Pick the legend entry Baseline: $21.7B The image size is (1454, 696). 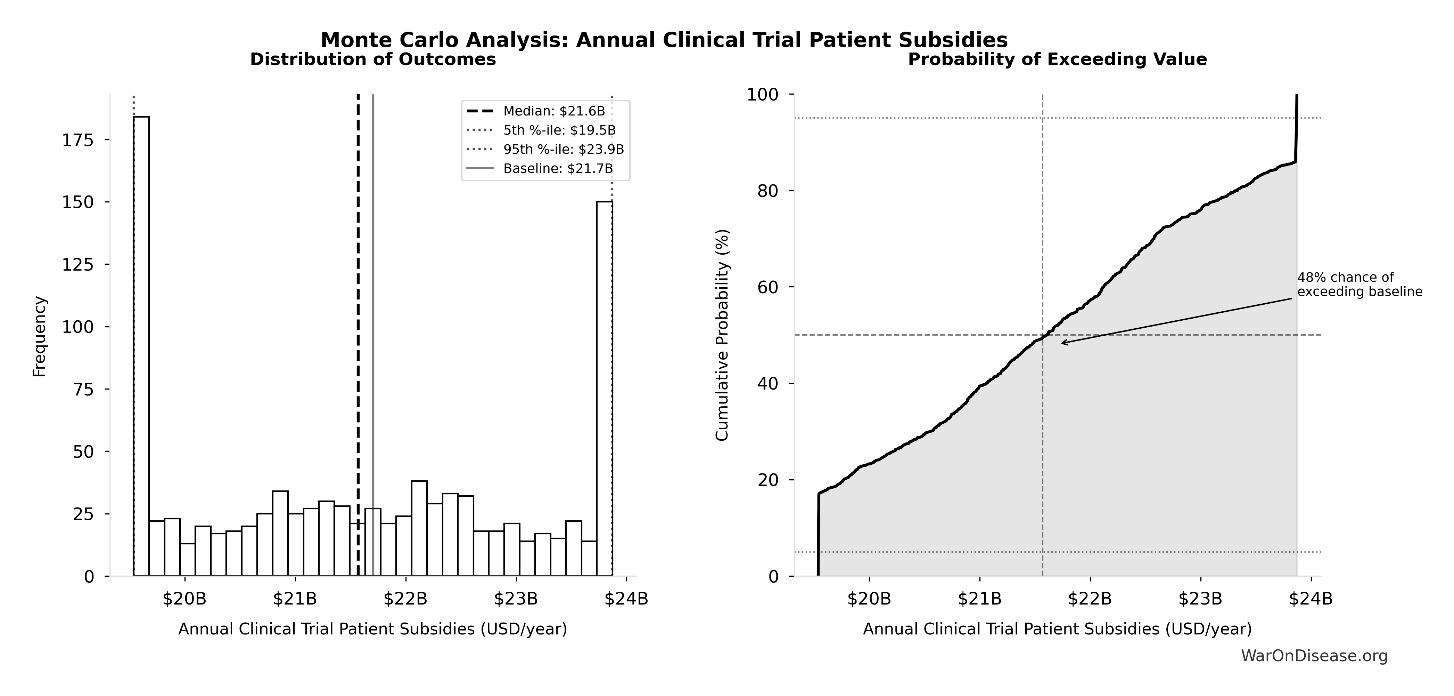click(x=558, y=168)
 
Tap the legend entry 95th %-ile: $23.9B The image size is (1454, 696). click(x=563, y=149)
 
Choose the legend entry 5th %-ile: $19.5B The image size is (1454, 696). click(x=559, y=130)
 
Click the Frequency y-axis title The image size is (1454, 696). click(x=40, y=337)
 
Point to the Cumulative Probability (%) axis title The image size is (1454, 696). click(x=723, y=335)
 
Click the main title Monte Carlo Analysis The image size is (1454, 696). click(x=664, y=40)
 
